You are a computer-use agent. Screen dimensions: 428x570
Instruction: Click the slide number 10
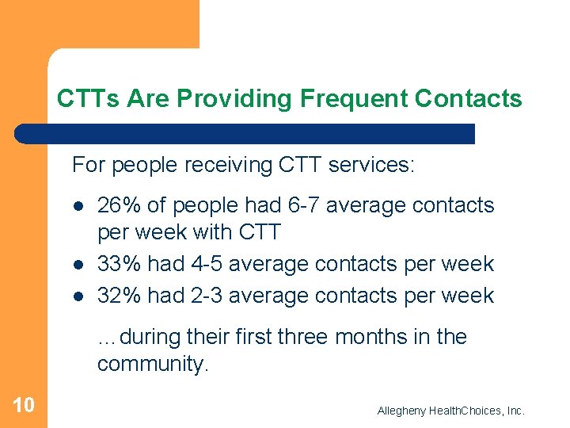(24, 406)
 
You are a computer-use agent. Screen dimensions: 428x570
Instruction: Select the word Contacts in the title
(468, 98)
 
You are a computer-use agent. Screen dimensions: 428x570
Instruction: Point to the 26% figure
(119, 205)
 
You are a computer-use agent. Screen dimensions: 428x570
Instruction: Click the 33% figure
(119, 264)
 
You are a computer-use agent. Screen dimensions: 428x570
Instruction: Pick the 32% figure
(119, 296)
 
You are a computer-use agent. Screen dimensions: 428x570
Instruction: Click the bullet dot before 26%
(79, 206)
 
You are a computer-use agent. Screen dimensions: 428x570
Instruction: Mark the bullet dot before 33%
(79, 265)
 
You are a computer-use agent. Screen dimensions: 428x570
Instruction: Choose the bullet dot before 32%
(79, 296)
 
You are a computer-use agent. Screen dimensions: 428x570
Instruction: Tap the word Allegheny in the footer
(401, 411)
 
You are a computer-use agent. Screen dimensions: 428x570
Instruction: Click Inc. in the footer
(515, 411)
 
